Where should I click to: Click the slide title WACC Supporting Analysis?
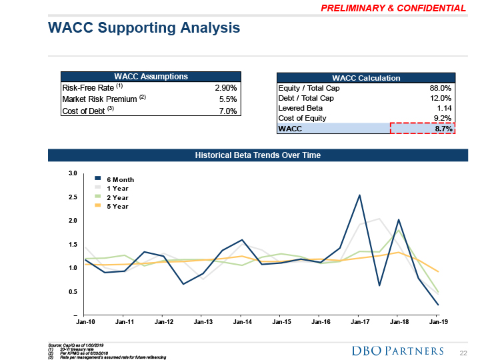click(144, 28)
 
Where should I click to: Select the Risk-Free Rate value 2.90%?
click(225, 88)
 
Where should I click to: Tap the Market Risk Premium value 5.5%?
click(227, 99)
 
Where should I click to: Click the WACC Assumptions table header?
click(150, 77)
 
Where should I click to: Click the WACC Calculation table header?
click(365, 77)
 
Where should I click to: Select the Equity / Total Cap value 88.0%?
click(440, 88)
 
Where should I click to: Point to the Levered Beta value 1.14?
click(444, 108)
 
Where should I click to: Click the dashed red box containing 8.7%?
click(422, 128)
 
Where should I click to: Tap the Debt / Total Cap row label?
click(305, 98)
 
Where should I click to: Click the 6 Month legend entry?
click(120, 179)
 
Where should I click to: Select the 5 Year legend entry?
click(117, 207)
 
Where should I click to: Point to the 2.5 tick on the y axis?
click(73, 197)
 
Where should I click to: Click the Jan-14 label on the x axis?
click(242, 322)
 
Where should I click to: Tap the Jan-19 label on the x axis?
click(438, 322)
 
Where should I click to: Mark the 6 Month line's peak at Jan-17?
click(359, 195)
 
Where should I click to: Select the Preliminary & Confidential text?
click(393, 8)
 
